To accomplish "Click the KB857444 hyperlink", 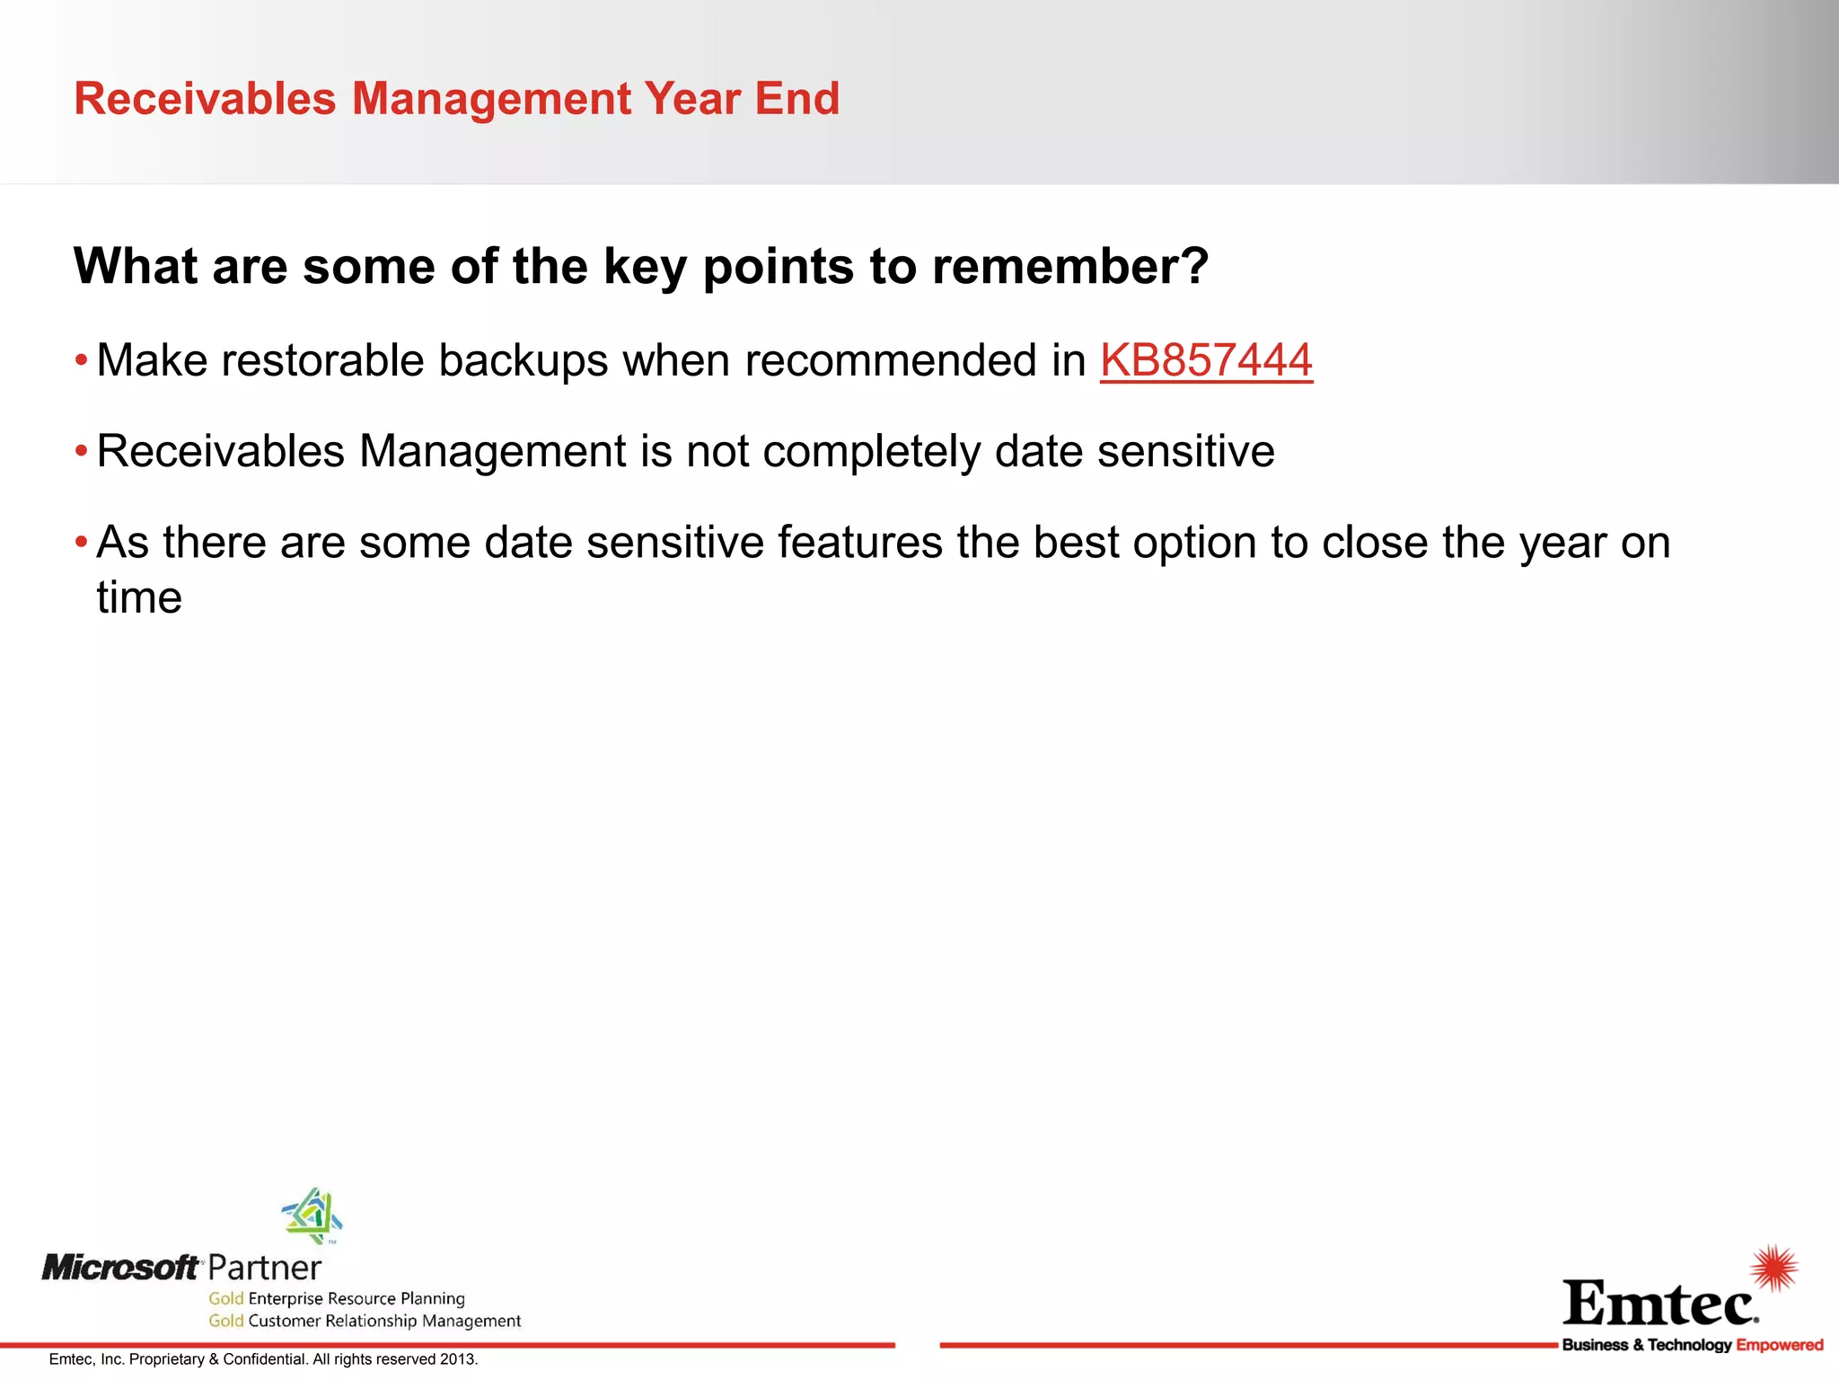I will (1206, 361).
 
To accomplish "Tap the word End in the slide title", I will (796, 99).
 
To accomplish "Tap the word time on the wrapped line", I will (139, 598).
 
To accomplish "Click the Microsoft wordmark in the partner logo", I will (120, 1268).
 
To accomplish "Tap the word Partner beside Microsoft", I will (265, 1269).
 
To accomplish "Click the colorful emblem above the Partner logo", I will (312, 1216).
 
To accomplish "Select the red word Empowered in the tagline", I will (1779, 1345).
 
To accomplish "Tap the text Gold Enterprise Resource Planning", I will (337, 1298).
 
